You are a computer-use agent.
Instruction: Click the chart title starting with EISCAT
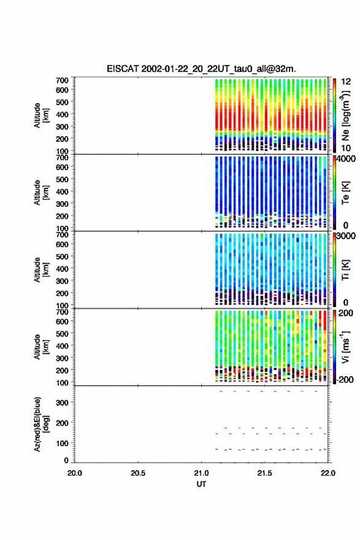pyautogui.click(x=201, y=69)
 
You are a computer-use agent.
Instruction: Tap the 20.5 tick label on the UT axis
pyautogui.click(x=138, y=473)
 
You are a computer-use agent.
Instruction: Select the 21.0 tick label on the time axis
pyautogui.click(x=201, y=473)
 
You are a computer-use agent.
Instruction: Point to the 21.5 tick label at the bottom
pyautogui.click(x=264, y=473)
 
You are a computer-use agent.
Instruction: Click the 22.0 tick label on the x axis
pyautogui.click(x=327, y=473)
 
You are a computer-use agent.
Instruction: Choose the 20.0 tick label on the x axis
pyautogui.click(x=75, y=473)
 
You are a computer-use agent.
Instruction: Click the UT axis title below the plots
pyautogui.click(x=201, y=484)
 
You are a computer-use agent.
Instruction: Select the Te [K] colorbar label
pyautogui.click(x=345, y=193)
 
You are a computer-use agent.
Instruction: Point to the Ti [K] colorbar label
pyautogui.click(x=345, y=269)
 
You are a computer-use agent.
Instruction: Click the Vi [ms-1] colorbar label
pyautogui.click(x=345, y=347)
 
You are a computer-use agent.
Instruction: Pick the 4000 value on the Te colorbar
pyautogui.click(x=346, y=159)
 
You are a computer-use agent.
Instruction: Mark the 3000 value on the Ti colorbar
pyautogui.click(x=346, y=236)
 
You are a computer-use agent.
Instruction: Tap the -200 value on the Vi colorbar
pyautogui.click(x=343, y=379)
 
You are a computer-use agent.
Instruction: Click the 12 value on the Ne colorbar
pyautogui.click(x=347, y=82)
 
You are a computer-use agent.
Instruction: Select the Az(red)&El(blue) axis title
pyautogui.click(x=41, y=424)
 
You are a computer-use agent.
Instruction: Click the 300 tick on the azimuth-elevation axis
pyautogui.click(x=62, y=403)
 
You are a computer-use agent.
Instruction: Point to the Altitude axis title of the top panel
pyautogui.click(x=41, y=115)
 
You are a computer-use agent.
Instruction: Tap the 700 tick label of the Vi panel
pyautogui.click(x=62, y=312)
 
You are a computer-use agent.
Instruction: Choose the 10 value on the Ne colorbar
pyautogui.click(x=347, y=148)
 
